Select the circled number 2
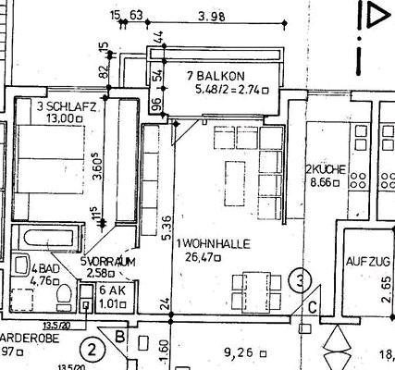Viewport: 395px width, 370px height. (x=92, y=350)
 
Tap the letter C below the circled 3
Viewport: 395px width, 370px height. (x=315, y=308)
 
